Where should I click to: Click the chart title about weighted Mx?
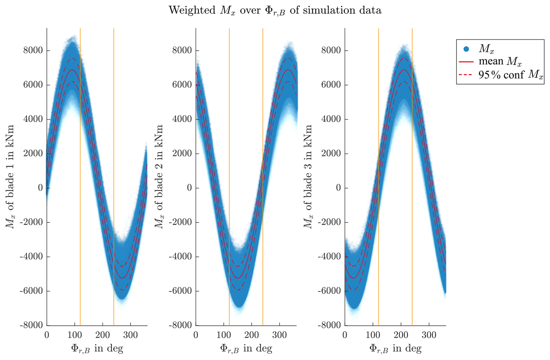tap(275, 10)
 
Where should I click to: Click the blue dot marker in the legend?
tap(466, 49)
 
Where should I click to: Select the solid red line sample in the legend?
tap(466, 62)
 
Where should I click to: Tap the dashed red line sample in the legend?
tap(466, 75)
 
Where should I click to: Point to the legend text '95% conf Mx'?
tap(510, 75)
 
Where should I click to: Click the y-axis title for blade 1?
tap(10, 177)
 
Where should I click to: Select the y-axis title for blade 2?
tap(159, 177)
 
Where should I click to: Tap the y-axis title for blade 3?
tap(308, 177)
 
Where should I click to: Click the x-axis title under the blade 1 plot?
tap(97, 348)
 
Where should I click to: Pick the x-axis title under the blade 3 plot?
tap(395, 348)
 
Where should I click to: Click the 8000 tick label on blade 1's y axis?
tap(33, 51)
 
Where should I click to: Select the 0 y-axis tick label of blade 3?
tap(338, 188)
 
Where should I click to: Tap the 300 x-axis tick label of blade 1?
tap(130, 335)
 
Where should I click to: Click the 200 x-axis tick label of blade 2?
tap(251, 335)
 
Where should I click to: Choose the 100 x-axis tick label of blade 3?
tap(373, 335)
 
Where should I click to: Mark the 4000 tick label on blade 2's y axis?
tap(182, 119)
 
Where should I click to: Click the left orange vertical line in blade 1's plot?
tap(80, 145)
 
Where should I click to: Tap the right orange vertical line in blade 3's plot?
tap(412, 145)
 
